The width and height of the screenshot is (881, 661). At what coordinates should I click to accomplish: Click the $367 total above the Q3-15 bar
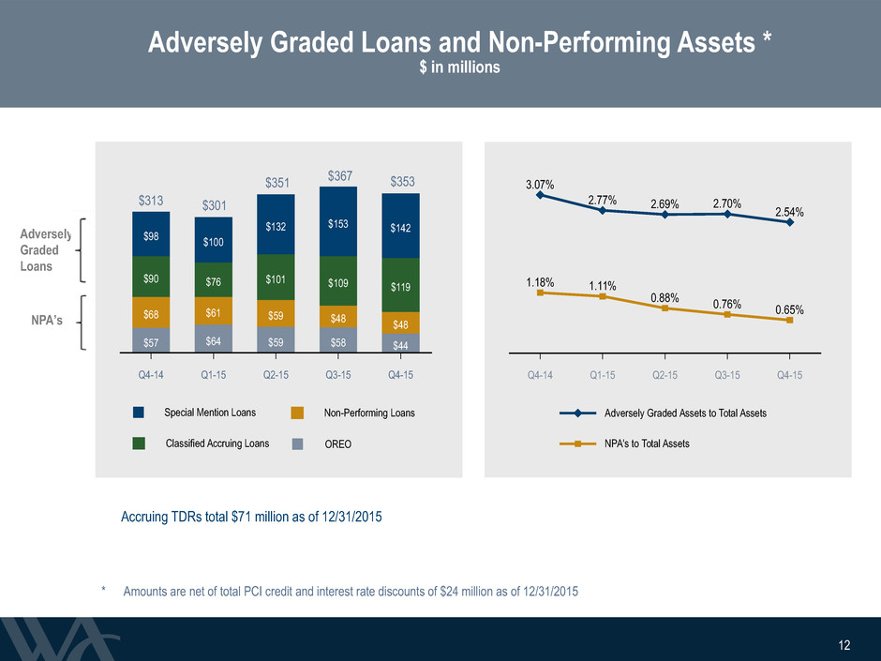(x=340, y=176)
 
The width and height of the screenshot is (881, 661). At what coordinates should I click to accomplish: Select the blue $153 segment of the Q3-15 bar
(x=338, y=221)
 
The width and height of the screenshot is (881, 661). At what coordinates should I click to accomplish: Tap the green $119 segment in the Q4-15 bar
(x=400, y=285)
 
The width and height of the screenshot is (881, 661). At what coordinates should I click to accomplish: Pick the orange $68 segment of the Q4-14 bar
(x=151, y=312)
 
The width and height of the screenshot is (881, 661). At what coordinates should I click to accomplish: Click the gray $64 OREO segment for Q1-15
(x=214, y=338)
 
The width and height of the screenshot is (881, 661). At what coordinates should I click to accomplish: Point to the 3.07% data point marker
(x=540, y=195)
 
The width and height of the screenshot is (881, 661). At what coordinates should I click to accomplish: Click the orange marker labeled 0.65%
(x=789, y=321)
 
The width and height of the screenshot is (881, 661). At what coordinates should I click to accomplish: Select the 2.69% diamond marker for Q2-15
(x=664, y=214)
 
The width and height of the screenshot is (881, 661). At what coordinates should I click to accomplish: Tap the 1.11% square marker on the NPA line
(x=603, y=296)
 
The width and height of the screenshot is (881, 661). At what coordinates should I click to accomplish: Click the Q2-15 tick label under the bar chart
(x=276, y=375)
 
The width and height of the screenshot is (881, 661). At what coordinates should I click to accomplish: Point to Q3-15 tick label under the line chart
(x=727, y=375)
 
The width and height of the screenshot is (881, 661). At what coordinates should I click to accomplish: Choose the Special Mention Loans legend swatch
(x=139, y=413)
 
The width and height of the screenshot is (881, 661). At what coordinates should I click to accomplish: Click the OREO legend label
(x=338, y=444)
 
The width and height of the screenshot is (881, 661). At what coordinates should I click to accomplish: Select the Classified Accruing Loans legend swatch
(x=139, y=443)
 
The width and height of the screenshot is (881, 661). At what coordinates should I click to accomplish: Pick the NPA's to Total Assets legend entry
(x=647, y=443)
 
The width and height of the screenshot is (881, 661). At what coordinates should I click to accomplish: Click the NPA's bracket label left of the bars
(x=47, y=321)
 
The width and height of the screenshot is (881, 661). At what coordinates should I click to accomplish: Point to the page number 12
(x=844, y=645)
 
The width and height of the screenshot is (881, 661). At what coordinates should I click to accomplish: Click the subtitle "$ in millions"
(x=459, y=68)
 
